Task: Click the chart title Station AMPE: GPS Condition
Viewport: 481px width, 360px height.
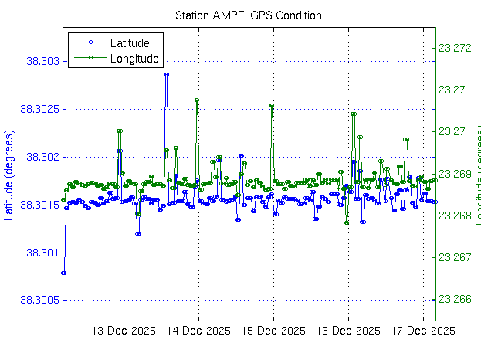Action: pyautogui.click(x=248, y=15)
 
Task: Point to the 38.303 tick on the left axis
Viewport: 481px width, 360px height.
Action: pyautogui.click(x=43, y=61)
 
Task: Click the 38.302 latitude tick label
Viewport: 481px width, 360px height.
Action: pyautogui.click(x=43, y=157)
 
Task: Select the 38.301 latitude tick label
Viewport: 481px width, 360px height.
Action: pyautogui.click(x=43, y=253)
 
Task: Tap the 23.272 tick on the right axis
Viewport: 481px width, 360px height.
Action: pyautogui.click(x=454, y=48)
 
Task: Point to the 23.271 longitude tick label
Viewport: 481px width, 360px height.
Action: pyautogui.click(x=454, y=90)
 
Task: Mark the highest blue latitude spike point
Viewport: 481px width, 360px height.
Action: pyautogui.click(x=166, y=74)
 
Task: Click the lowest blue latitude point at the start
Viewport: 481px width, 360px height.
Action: pyautogui.click(x=63, y=273)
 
